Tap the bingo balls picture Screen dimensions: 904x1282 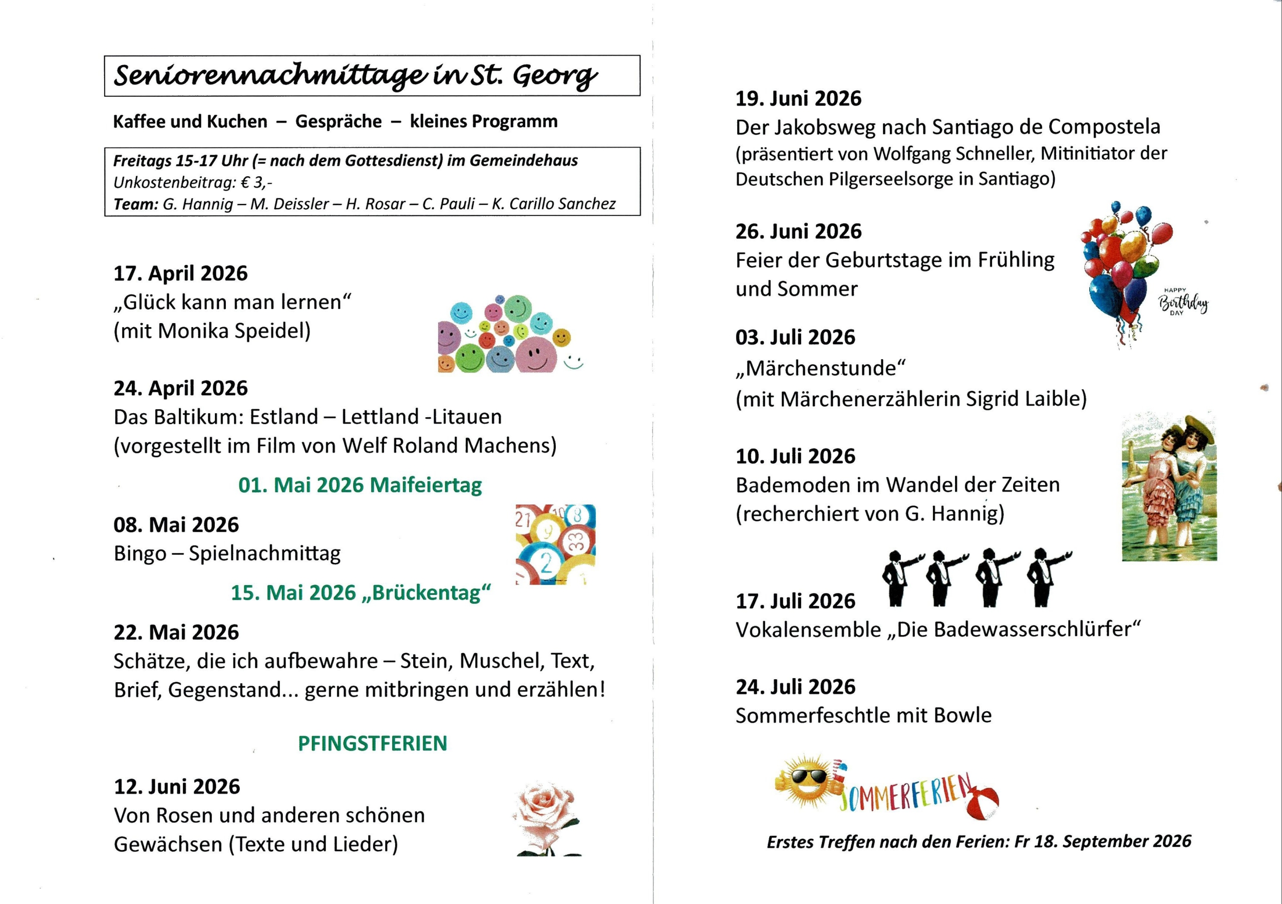point(555,544)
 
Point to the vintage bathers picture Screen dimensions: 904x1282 point(1169,487)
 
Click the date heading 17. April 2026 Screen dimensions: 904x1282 point(180,273)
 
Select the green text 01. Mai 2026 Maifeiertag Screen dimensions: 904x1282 point(360,485)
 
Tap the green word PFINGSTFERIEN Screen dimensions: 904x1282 point(373,743)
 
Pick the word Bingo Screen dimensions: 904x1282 point(140,553)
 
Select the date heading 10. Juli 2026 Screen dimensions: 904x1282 point(795,456)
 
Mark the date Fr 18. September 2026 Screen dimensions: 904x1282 point(1103,841)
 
